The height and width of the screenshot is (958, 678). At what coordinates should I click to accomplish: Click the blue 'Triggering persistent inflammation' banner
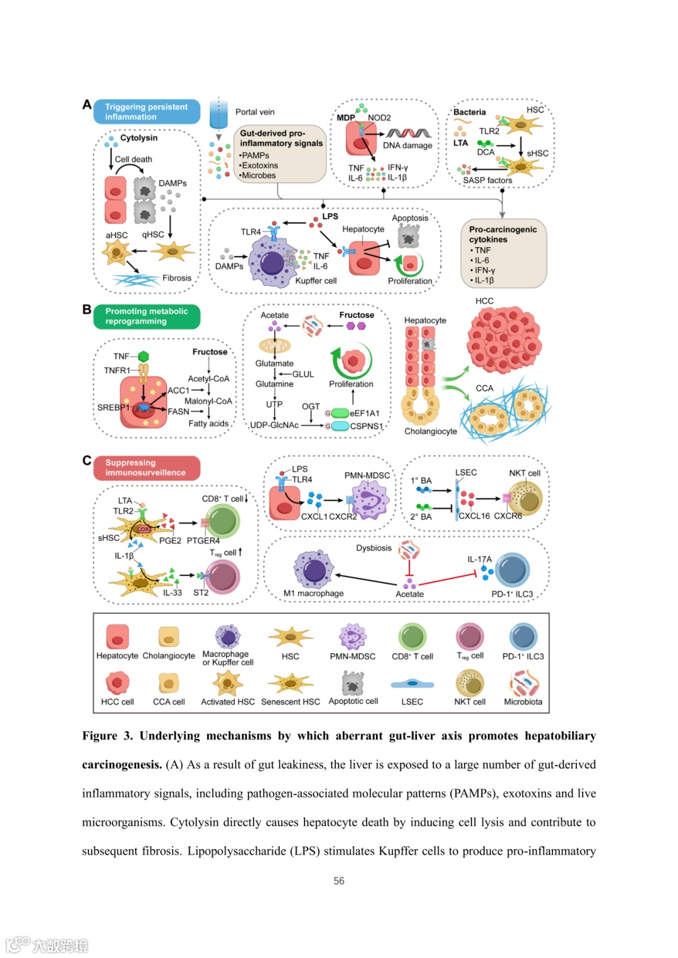[146, 112]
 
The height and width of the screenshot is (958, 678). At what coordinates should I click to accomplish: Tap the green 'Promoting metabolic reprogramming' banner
[146, 316]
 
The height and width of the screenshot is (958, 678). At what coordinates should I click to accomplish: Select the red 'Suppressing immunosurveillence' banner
[146, 467]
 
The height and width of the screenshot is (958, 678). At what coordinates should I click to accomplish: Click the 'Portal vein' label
[254, 112]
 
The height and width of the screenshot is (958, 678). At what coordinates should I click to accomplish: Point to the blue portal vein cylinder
[218, 114]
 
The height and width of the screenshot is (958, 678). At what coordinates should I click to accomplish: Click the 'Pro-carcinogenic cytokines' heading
[502, 234]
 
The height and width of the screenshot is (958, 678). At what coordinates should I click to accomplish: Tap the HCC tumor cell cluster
[503, 339]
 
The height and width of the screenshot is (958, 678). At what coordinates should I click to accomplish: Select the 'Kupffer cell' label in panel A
[316, 281]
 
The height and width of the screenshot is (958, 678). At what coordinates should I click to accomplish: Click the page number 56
[339, 881]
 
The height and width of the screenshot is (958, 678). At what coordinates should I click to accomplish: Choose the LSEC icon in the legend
[412, 684]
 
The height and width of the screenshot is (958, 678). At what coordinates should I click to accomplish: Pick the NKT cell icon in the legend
[470, 683]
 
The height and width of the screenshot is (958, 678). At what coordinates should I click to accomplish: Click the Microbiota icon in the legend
[524, 683]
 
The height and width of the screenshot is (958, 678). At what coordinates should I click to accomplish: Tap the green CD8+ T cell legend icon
[412, 637]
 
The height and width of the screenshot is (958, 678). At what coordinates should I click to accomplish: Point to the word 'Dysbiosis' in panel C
[374, 548]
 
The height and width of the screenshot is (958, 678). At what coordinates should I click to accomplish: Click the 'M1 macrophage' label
[313, 593]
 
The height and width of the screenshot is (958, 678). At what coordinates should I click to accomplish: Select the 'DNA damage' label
[407, 146]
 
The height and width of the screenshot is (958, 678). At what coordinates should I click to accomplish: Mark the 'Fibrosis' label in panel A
[177, 278]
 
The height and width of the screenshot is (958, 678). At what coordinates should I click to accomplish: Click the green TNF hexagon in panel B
[144, 356]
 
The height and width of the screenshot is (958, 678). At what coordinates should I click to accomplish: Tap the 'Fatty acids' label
[208, 423]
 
